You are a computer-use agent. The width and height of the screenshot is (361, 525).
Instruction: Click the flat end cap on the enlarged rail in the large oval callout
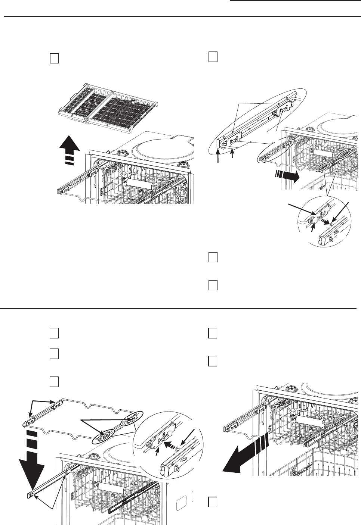(218, 144)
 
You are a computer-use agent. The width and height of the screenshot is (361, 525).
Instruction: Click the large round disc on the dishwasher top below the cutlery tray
(161, 147)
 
